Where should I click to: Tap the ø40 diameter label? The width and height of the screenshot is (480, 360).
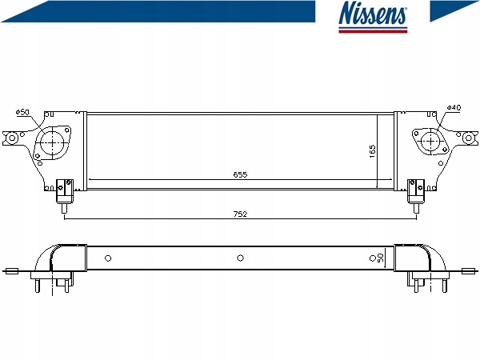point(453,108)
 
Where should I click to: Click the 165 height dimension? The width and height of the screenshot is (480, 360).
point(372,150)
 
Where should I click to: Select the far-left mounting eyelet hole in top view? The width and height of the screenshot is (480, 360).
point(13,139)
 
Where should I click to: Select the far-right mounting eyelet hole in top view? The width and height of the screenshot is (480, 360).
point(468,138)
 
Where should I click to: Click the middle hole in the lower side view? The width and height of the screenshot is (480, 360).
point(239,258)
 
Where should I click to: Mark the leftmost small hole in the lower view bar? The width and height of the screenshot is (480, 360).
point(109,258)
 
